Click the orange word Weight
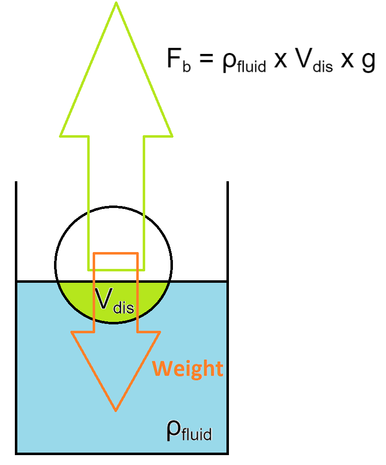[188, 369]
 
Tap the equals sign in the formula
[205, 61]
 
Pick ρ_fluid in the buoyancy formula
[243, 63]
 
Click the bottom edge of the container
[122, 453]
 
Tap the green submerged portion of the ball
[74, 292]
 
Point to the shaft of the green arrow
[116, 198]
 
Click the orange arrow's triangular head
[116, 362]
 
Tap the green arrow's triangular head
[116, 89]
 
